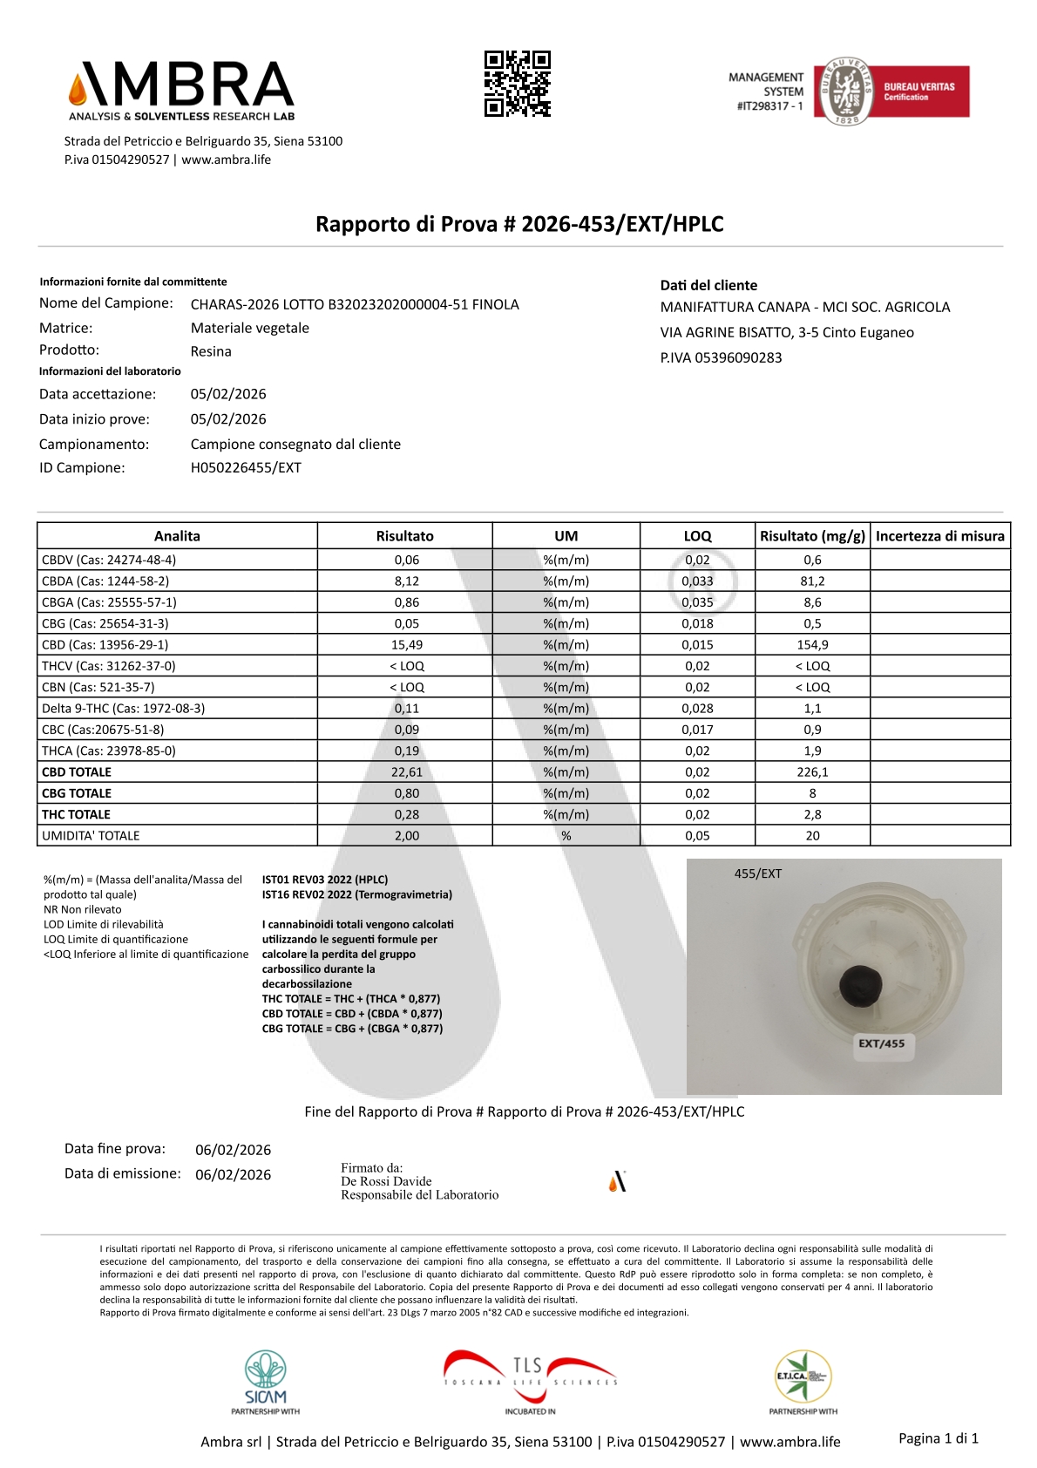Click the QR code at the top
[x=518, y=84]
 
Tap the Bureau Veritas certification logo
[x=891, y=92]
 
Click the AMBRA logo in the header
[x=181, y=90]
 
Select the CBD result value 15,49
[x=406, y=645]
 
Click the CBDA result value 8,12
[x=406, y=581]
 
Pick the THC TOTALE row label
[x=77, y=814]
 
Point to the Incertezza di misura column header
[x=939, y=536]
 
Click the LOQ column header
[x=697, y=536]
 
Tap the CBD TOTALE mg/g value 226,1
[x=812, y=772]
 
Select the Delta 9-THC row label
[x=124, y=709]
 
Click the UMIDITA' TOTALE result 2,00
[x=406, y=836]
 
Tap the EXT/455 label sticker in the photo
[x=881, y=1043]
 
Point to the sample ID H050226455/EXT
[x=246, y=468]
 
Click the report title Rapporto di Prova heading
[x=519, y=224]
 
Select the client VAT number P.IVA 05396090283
[x=721, y=357]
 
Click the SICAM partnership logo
[x=266, y=1381]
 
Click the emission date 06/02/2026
[x=233, y=1175]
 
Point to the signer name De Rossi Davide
[x=386, y=1181]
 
